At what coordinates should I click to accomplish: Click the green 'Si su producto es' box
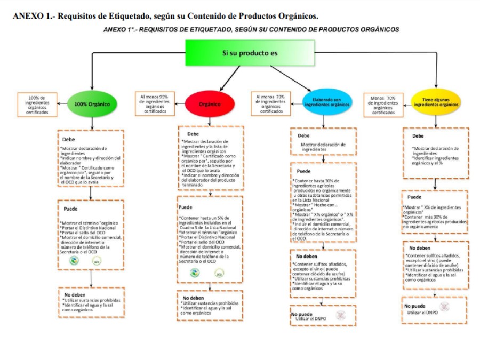coord(250,53)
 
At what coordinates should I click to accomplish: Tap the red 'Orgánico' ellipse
coord(210,104)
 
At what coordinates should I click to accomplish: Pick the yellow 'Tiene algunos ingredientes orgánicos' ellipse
coord(436,102)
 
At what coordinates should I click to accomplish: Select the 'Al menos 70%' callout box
coord(271,103)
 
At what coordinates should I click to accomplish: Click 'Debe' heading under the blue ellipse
coord(303,135)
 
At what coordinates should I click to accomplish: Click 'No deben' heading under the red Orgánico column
coord(193,298)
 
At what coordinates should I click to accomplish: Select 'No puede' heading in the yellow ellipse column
coord(414,306)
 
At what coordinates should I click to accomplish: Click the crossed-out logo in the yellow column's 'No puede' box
coord(445,307)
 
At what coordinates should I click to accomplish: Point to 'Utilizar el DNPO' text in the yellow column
coord(422,313)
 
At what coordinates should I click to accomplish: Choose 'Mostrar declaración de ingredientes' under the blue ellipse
coord(323,147)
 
